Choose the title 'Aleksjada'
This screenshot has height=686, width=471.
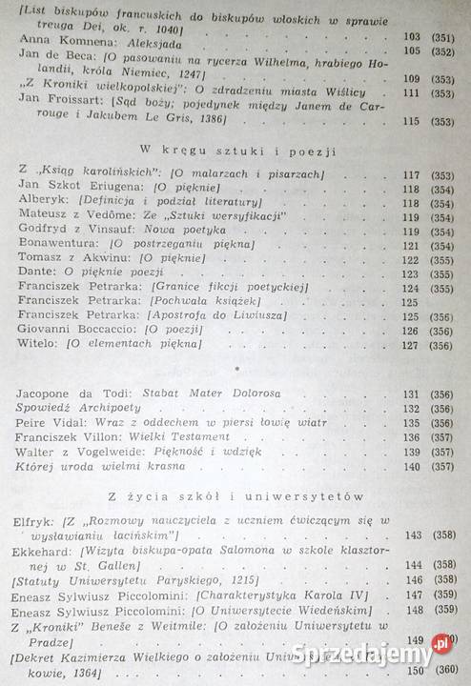click(148, 49)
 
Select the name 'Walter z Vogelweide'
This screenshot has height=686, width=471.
click(80, 452)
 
